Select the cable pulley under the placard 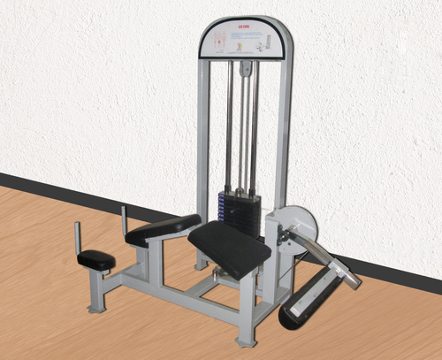(242, 63)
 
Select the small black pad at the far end (96, 259)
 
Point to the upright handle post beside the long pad (124, 217)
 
